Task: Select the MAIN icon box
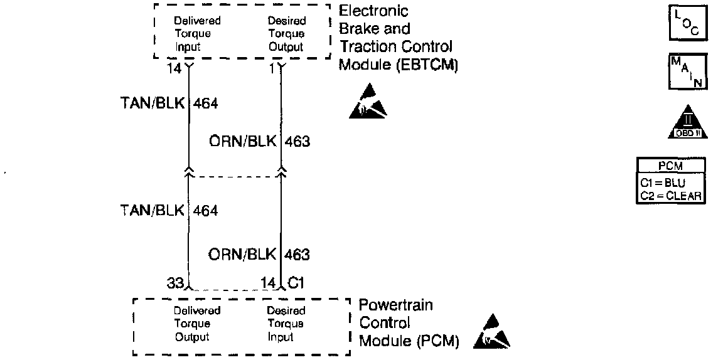click(687, 72)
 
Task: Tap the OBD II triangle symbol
click(687, 122)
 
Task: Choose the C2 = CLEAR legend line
click(670, 196)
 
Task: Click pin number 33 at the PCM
click(175, 283)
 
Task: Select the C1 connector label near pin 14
click(296, 283)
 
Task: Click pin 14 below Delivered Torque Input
click(174, 68)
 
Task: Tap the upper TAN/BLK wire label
click(153, 104)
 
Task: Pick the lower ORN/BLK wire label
click(242, 255)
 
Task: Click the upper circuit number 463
click(297, 142)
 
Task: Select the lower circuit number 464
click(205, 211)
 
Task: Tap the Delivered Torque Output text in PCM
click(198, 324)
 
